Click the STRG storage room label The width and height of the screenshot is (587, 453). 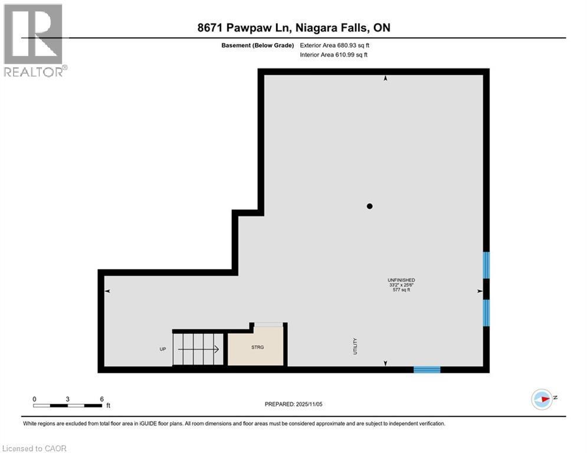pyautogui.click(x=257, y=347)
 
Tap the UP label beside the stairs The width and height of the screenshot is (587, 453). pyautogui.click(x=163, y=349)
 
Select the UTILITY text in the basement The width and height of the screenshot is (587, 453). pyautogui.click(x=355, y=346)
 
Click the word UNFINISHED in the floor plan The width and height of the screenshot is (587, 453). pyautogui.click(x=401, y=280)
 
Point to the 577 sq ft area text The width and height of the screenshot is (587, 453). pyautogui.click(x=401, y=290)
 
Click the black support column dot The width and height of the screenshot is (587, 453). pyautogui.click(x=370, y=206)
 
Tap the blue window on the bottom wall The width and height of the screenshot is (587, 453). pyautogui.click(x=427, y=370)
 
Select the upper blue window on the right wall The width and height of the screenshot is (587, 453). pyautogui.click(x=486, y=265)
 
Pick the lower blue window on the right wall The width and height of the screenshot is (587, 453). pyautogui.click(x=486, y=313)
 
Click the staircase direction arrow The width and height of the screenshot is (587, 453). pyautogui.click(x=199, y=349)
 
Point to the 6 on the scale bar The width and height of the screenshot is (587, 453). pyautogui.click(x=102, y=399)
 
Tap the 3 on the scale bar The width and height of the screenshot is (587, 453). pyautogui.click(x=68, y=399)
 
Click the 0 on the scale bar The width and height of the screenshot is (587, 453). pyautogui.click(x=34, y=399)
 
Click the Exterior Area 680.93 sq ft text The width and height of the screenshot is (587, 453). pyautogui.click(x=335, y=45)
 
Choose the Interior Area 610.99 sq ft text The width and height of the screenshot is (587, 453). pyautogui.click(x=334, y=55)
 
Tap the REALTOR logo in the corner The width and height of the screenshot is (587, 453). pyautogui.click(x=34, y=40)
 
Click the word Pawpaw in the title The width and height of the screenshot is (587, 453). pyautogui.click(x=252, y=28)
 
